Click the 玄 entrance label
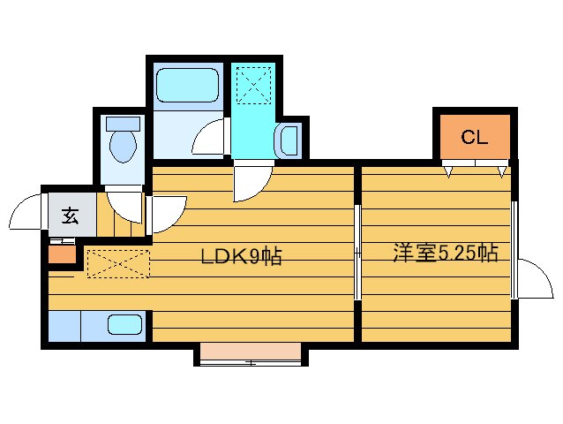(69, 215)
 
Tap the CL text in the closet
(474, 138)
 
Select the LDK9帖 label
(241, 257)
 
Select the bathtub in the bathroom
(187, 86)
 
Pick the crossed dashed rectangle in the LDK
(118, 263)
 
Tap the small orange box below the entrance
(61, 256)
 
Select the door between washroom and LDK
(251, 184)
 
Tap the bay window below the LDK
(250, 354)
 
